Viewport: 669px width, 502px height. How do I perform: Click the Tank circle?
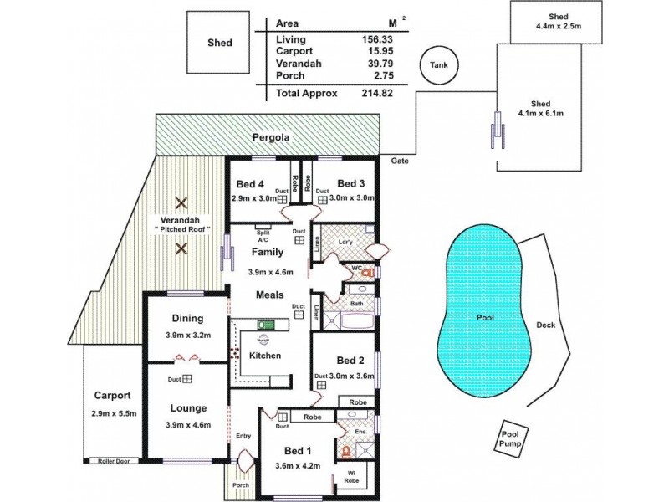coord(439,65)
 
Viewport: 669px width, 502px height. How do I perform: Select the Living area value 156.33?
coord(377,39)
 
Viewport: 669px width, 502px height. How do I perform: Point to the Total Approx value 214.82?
coord(376,94)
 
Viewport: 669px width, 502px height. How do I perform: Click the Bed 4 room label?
coord(250,184)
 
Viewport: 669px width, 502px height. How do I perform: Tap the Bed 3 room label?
coord(351,184)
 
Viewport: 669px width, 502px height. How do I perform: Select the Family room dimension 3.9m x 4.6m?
coord(271,272)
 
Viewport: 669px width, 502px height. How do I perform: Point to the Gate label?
coord(399,160)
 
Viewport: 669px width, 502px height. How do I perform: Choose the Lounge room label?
coord(188,408)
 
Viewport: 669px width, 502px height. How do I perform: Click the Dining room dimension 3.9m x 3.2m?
coord(188,336)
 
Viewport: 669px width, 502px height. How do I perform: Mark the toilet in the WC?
coord(365,273)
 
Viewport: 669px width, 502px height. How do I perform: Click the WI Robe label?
coord(351,479)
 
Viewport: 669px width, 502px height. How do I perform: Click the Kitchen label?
coord(264,356)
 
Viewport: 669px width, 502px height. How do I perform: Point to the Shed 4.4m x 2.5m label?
coord(559,22)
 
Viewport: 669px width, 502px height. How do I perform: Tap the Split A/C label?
coord(263,235)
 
